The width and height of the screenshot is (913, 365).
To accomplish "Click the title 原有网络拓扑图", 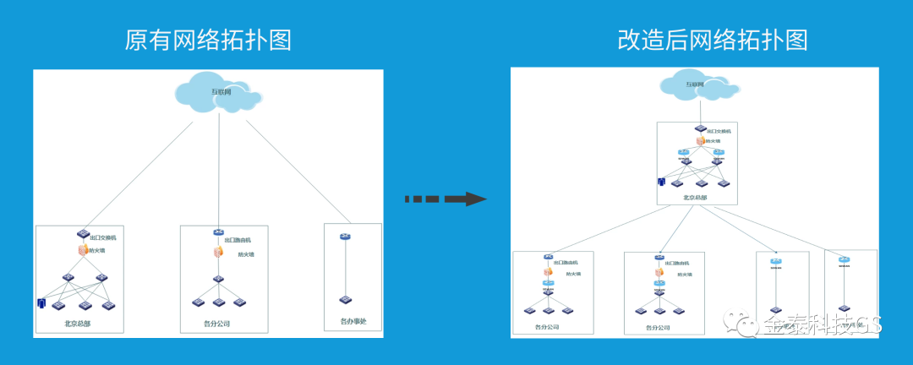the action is point(208,41).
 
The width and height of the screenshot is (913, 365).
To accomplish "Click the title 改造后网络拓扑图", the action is point(713,40).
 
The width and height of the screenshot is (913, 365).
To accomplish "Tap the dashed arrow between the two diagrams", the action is point(446,199).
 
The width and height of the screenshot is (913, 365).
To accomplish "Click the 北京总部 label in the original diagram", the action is point(78,323).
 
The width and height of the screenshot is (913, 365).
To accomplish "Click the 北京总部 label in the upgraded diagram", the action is point(695,197).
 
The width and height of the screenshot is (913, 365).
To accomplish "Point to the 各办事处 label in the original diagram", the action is point(353,322).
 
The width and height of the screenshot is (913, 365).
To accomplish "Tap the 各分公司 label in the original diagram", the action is point(216,323).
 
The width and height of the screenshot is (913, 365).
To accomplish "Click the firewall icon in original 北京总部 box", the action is point(83,250).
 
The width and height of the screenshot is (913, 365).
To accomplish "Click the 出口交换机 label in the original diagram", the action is point(103,238).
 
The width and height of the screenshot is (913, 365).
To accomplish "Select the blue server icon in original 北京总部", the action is point(40,302).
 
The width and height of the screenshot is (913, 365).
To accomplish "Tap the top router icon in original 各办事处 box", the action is point(345,237).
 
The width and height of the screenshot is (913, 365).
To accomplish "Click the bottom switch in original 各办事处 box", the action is point(345,300).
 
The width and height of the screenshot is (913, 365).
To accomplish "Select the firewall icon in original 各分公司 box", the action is point(218,252).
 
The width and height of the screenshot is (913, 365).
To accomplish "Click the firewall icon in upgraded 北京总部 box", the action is point(700,141).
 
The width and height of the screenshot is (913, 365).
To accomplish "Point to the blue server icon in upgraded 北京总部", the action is point(662,182).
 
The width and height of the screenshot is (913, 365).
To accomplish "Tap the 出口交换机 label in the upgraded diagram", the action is point(719,132).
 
